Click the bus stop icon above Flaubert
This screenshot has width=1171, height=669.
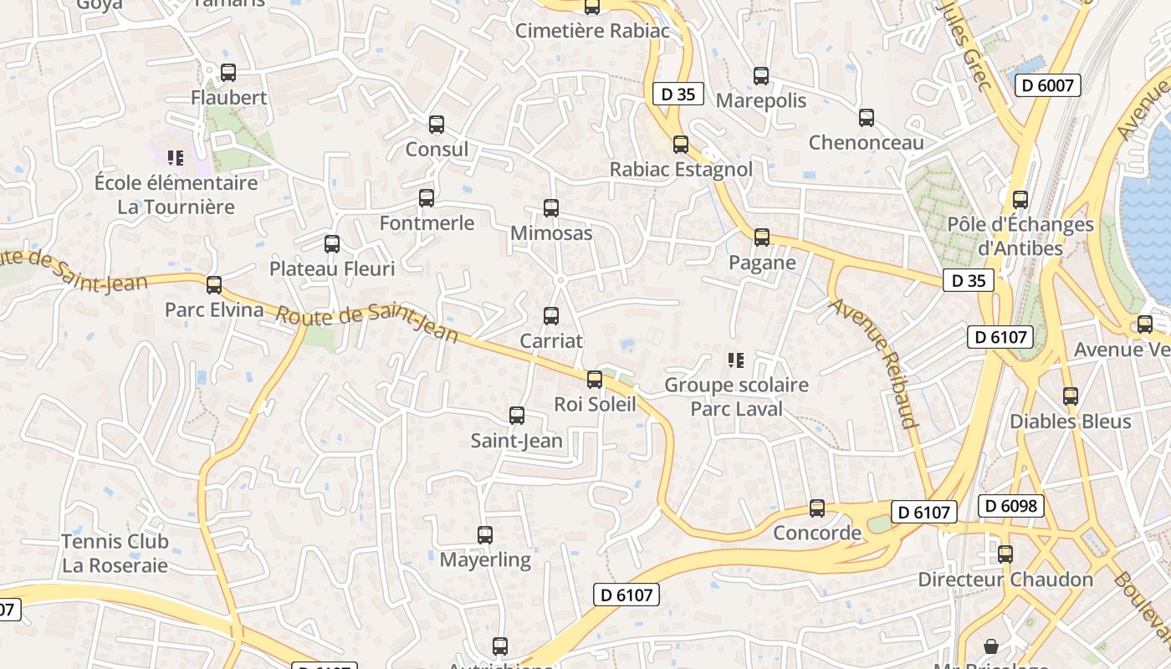click(228, 73)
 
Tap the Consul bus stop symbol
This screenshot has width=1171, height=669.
click(436, 125)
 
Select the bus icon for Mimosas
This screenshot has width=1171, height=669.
click(550, 208)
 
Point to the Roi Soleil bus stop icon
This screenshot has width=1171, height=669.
click(594, 380)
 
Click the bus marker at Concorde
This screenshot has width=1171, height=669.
click(816, 508)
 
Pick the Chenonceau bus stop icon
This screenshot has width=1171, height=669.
click(866, 118)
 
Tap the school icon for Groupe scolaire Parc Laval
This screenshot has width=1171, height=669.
click(736, 360)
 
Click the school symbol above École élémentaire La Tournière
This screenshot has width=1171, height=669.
click(175, 157)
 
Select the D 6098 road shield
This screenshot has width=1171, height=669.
click(1011, 506)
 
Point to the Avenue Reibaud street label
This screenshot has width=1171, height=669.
click(874, 362)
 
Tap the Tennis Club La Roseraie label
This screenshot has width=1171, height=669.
click(115, 554)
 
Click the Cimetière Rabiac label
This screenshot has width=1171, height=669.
click(592, 31)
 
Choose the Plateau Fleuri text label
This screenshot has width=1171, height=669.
click(332, 269)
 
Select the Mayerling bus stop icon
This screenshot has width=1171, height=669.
click(484, 535)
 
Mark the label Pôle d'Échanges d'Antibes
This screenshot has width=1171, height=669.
click(1020, 236)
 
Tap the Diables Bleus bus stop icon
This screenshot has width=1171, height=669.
click(1070, 396)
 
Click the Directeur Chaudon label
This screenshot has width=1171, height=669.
click(1005, 580)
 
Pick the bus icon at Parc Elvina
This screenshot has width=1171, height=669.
click(214, 285)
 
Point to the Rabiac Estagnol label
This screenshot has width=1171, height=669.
click(681, 170)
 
